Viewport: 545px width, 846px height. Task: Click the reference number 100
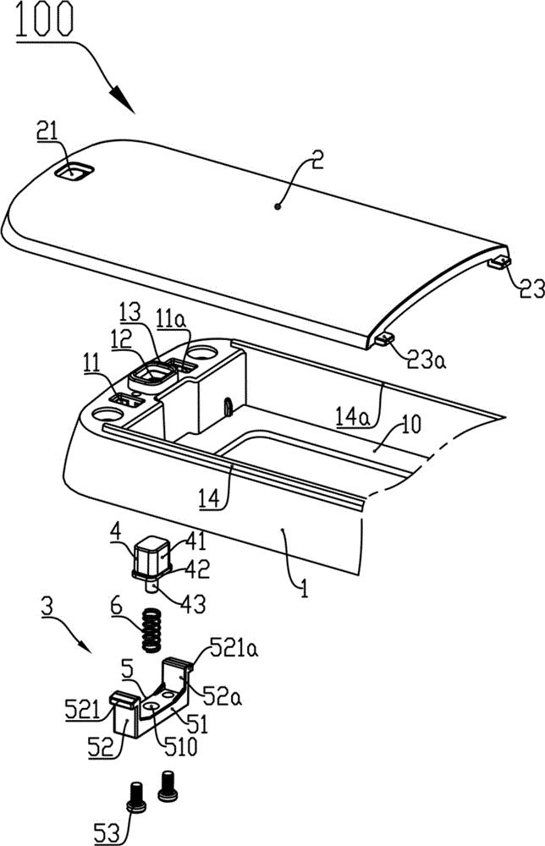coord(44,20)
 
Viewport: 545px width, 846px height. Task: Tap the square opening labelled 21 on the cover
coord(74,172)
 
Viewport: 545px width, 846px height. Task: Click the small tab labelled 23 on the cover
coord(499,262)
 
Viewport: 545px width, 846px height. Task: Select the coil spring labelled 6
coord(152,629)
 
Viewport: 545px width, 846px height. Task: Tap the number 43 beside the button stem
coord(192,604)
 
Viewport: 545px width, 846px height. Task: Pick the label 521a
coord(233,647)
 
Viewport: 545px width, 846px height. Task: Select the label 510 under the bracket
coord(180,747)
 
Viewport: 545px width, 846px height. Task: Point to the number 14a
coord(353,418)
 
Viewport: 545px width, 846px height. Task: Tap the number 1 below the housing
coord(304,588)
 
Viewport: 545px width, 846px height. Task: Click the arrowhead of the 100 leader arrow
coord(121,99)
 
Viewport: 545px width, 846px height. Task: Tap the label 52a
coord(222,697)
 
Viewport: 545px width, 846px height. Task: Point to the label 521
coord(82,710)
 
